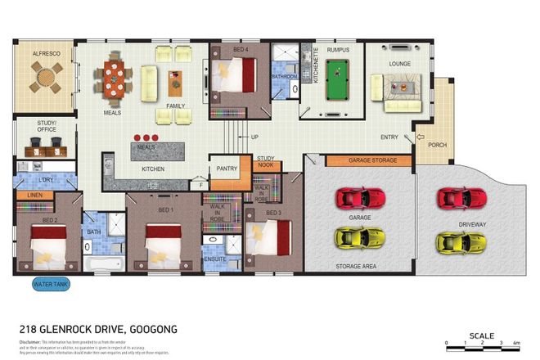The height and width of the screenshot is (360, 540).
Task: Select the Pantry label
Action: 227,169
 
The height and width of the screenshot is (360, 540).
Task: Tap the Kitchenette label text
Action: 293,82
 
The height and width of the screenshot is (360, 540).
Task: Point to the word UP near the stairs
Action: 254,137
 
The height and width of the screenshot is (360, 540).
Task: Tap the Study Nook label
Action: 266,161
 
